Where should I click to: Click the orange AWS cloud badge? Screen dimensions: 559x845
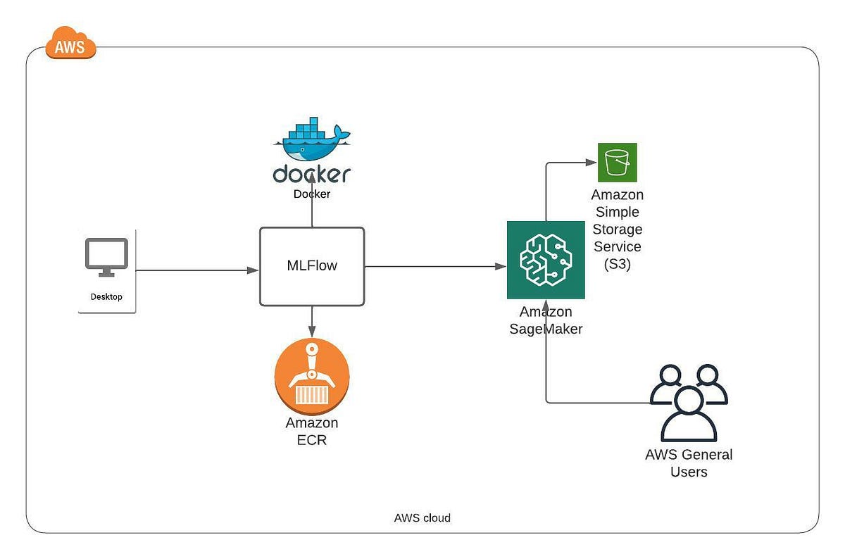[70, 44]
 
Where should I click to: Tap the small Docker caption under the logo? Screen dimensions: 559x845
[311, 194]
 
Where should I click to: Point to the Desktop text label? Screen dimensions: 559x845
[106, 296]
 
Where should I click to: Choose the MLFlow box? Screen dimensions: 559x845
[312, 266]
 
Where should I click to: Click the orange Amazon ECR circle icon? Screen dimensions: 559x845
[312, 377]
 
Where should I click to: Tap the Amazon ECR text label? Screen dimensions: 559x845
[312, 432]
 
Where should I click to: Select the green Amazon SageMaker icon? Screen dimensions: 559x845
[546, 260]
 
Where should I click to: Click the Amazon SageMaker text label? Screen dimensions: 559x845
[546, 320]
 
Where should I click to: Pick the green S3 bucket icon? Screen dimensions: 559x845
[617, 163]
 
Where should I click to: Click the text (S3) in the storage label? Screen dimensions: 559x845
[618, 263]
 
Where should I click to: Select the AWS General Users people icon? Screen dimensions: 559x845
[688, 402]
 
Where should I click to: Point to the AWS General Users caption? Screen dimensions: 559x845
[689, 463]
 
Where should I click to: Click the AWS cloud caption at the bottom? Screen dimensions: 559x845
[422, 517]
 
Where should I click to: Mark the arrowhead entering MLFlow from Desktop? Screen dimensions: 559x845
[254, 270]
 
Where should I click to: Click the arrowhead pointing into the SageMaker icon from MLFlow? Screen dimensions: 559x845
[501, 267]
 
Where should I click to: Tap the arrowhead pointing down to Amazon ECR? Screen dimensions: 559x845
[312, 332]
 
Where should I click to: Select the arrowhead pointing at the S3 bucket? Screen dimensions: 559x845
[591, 163]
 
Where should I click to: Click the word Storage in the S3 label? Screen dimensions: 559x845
[618, 229]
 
